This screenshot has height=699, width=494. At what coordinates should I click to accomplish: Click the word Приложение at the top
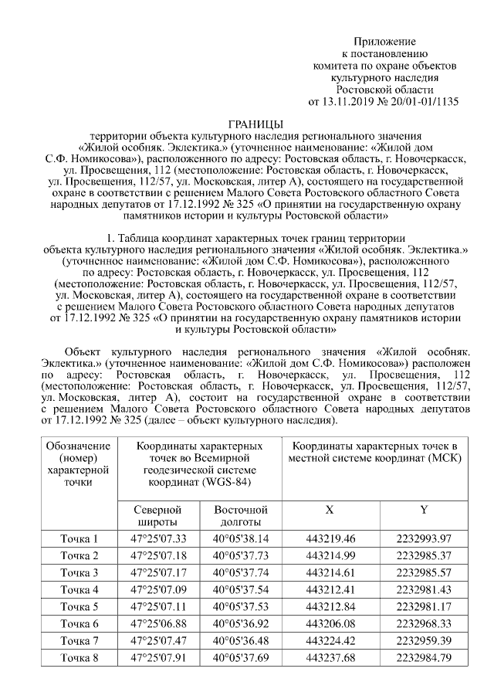384,41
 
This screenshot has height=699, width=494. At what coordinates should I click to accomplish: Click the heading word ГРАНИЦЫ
256,124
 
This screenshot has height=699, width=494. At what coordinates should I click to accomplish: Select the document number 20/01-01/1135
426,101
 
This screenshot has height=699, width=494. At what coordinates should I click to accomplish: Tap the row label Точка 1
80,539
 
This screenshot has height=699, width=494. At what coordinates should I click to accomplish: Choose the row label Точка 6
80,623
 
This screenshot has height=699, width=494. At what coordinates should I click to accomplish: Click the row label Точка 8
80,658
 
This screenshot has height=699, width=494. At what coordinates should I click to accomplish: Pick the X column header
330,511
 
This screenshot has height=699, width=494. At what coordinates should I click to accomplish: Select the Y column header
424,511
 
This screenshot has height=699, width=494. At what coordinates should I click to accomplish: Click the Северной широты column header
157,517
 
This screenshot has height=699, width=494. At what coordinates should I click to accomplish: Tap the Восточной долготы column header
240,517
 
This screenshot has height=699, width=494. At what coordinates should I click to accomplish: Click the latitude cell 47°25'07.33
158,539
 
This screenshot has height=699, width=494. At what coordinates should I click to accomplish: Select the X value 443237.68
330,658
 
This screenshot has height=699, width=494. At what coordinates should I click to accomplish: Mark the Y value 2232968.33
424,623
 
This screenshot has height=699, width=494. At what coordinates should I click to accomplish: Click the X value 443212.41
330,590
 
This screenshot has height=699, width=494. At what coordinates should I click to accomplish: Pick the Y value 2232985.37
424,556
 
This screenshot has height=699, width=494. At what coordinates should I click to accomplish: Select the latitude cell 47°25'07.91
158,658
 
